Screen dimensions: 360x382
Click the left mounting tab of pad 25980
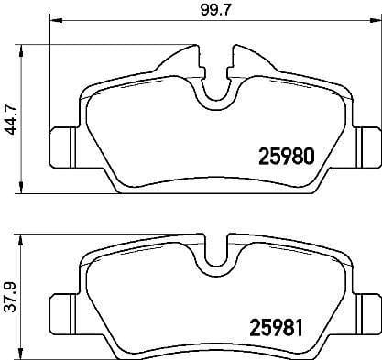[60, 142]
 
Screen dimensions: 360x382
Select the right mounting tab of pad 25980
[366, 142]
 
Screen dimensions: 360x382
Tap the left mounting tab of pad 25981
[60, 312]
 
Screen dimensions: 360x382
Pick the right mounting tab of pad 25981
[366, 312]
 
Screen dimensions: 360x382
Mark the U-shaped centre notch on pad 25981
[214, 261]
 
